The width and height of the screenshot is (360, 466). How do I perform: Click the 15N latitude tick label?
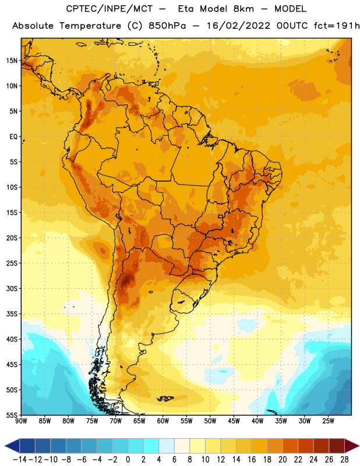pos(12,61)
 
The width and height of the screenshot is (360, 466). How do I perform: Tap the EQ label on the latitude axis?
pos(13,137)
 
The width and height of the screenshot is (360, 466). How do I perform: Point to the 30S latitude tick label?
pos(12,288)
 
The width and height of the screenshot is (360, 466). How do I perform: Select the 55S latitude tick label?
pos(12,415)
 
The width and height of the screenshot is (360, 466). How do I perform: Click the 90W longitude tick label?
pos(21,421)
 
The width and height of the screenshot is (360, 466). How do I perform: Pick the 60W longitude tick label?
pos(163,421)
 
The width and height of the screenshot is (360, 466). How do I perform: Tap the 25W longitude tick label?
pos(328,421)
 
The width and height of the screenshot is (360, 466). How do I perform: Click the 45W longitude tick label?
pos(234,421)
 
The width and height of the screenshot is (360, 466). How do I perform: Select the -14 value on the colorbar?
pos(20,460)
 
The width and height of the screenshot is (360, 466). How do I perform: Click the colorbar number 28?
pos(344,460)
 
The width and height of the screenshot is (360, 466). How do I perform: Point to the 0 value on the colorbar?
pos(128,460)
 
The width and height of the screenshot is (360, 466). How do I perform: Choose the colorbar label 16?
pos(252,460)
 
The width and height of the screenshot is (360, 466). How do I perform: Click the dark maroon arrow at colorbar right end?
pos(352,446)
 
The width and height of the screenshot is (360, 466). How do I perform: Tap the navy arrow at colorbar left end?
pos(12,446)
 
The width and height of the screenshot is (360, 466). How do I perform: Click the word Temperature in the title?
pos(90,26)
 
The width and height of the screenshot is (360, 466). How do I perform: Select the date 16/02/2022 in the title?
pos(239,26)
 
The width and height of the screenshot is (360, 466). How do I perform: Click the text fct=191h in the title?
pos(337,26)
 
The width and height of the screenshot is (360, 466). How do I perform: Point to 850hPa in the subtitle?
pos(167,26)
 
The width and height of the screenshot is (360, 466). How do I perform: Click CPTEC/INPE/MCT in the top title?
pos(109,9)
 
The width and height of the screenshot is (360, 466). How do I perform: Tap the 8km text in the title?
pos(243,9)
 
